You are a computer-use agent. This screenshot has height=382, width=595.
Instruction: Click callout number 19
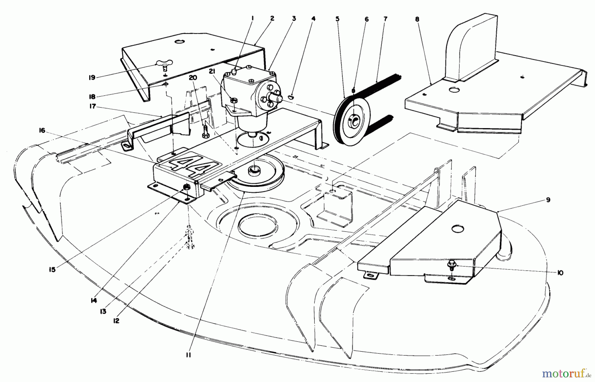click(92, 77)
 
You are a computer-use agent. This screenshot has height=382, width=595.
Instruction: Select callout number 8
click(417, 19)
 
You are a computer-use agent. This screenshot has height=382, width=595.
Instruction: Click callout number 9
click(548, 200)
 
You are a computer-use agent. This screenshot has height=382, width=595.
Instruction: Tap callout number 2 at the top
click(272, 19)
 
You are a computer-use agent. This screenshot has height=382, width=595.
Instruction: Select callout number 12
click(116, 320)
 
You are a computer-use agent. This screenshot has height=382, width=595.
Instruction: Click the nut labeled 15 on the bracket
click(186, 187)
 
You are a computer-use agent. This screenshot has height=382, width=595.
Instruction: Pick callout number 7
click(385, 19)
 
